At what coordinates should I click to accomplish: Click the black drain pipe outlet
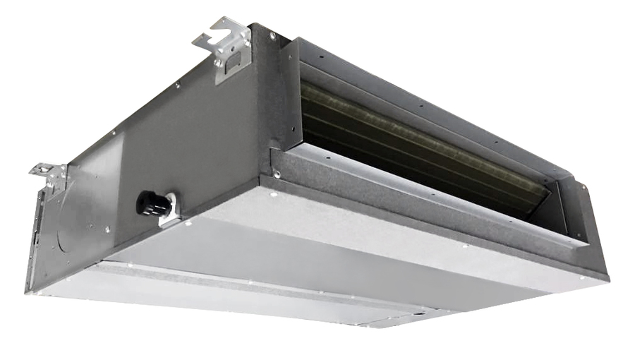(x=152, y=204)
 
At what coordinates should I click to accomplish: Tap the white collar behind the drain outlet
(x=169, y=208)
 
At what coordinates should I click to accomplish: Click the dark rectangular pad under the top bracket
(x=228, y=71)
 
